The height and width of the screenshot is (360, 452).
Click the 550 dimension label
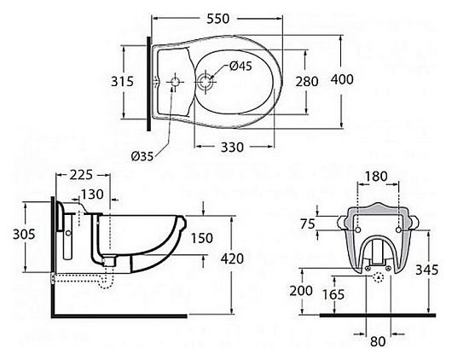pos(218,19)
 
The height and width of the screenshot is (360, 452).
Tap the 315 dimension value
pos(123,82)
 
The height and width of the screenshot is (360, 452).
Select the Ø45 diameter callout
pos(240,67)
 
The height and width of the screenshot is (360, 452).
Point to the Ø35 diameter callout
pos(142,157)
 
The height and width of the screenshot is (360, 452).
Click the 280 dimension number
pos(307,82)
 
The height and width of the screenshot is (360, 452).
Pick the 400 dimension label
pos(342,79)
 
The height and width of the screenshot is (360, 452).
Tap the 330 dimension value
pos(232,148)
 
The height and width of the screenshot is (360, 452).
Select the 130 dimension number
pos(92,195)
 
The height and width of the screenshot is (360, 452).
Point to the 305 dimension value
pos(24,235)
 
